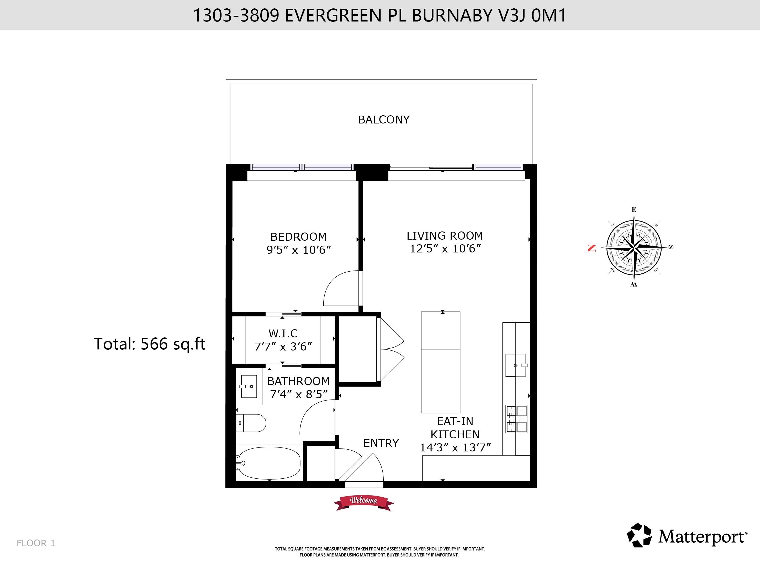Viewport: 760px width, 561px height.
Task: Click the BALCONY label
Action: (384, 120)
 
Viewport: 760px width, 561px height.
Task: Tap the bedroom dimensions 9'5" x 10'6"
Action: (298, 250)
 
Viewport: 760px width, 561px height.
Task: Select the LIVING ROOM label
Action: (445, 236)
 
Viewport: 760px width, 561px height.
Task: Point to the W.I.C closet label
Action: (283, 333)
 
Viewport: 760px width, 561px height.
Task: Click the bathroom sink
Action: (249, 386)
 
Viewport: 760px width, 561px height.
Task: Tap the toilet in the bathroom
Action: (251, 423)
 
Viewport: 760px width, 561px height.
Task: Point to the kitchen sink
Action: (516, 365)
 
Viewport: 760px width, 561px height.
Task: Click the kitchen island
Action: (441, 362)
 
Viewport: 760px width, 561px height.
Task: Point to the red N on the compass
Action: (592, 248)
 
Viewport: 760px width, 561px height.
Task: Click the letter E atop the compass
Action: (634, 209)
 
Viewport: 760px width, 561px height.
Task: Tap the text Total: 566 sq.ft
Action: (150, 344)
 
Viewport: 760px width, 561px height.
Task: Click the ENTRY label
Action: (381, 443)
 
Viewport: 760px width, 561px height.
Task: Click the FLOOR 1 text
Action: (36, 543)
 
